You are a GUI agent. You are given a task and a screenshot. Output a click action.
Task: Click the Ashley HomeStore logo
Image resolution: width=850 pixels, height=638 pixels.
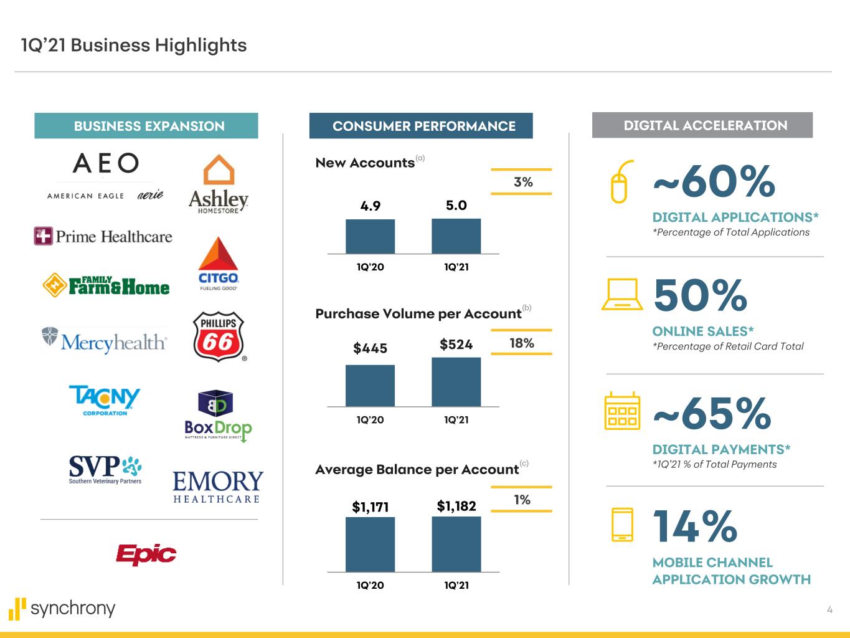pos(219,184)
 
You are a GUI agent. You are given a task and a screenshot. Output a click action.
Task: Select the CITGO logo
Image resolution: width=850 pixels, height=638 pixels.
pos(218,264)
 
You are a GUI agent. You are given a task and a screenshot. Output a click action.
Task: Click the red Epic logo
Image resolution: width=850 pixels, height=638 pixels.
pos(146,554)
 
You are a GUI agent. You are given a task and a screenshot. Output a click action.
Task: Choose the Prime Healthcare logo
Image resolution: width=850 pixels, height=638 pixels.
pos(103,237)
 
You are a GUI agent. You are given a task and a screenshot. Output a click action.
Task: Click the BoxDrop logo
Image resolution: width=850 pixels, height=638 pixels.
pos(218,416)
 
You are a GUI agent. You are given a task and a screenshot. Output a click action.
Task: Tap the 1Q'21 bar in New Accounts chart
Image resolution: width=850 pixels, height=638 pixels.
pos(456,236)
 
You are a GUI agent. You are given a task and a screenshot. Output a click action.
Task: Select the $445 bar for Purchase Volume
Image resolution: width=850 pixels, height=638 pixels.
pos(370,386)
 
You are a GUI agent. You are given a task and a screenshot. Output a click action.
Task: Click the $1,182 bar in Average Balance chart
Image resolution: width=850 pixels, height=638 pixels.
pos(456,544)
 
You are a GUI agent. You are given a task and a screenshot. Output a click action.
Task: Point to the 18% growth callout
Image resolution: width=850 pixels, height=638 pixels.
pos(522,343)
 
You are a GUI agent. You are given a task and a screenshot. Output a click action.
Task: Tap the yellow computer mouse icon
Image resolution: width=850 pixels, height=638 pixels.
pos(620,181)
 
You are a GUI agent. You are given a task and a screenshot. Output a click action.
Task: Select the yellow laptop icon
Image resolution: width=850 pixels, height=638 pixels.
pos(622,294)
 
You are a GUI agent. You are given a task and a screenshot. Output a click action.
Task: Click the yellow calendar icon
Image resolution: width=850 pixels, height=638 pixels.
pos(622,411)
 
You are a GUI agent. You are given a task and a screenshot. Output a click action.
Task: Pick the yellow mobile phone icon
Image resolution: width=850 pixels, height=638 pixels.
pos(622,525)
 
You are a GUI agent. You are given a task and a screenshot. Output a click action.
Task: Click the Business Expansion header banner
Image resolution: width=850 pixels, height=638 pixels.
pos(146,126)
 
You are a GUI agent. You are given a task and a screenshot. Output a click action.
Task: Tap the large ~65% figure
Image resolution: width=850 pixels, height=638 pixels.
pos(712,414)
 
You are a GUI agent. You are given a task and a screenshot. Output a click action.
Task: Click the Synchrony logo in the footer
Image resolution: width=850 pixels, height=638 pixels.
pos(62,608)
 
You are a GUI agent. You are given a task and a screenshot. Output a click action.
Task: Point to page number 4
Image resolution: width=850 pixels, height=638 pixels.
pos(829,610)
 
